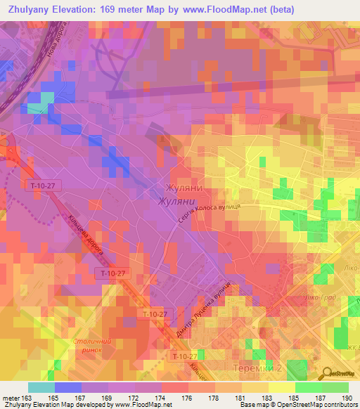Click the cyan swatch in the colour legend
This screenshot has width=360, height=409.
pos(41,387)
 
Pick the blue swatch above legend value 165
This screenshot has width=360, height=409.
pos(67,387)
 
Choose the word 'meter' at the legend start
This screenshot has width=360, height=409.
pos(12,398)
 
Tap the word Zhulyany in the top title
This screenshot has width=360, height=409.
pos(29,9)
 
